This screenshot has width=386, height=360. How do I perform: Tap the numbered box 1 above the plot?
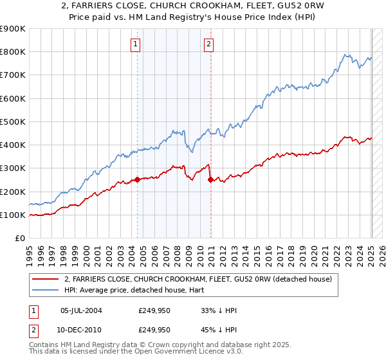(136, 44)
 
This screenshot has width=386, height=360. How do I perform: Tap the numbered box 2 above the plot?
(209, 44)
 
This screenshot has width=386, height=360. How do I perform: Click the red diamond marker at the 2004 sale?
(138, 180)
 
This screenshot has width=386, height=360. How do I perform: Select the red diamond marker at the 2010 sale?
(211, 180)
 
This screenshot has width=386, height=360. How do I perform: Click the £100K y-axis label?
(13, 215)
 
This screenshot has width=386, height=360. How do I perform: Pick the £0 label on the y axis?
(19, 239)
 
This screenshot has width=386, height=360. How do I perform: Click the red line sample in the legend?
(44, 279)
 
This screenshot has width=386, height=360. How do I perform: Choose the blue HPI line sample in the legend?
(44, 290)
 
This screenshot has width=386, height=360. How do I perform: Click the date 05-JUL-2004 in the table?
(81, 310)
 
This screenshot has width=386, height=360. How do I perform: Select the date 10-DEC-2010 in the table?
(81, 329)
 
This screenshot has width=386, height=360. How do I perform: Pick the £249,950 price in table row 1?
(154, 310)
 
